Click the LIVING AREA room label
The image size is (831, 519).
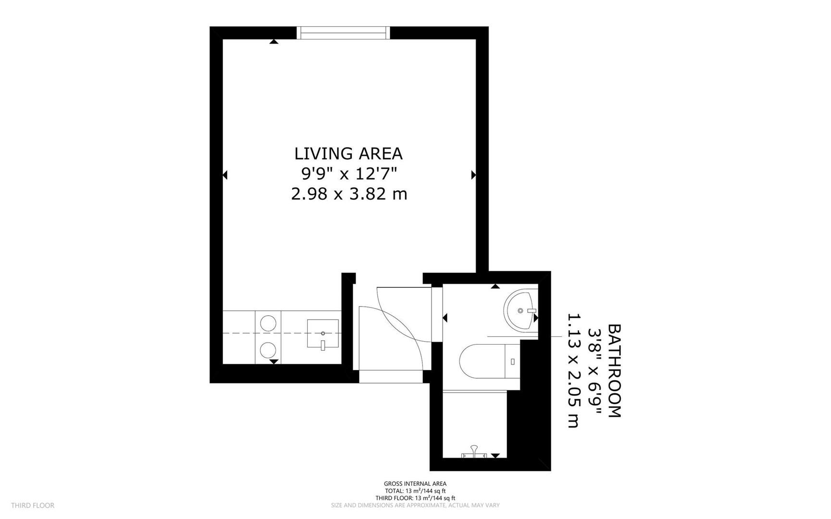[x=348, y=153]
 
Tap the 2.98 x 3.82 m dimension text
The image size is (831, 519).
[x=349, y=194]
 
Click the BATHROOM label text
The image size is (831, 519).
[x=615, y=371]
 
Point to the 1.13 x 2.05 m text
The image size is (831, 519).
[x=573, y=371]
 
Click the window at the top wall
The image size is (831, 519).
[x=343, y=33]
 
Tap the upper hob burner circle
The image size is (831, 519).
[x=268, y=321]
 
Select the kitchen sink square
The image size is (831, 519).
[x=322, y=333]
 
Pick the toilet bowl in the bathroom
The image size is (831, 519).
[x=480, y=360]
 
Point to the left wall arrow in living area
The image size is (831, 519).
[x=225, y=175]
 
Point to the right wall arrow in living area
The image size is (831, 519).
[x=473, y=175]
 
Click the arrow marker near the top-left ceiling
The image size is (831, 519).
[x=274, y=42]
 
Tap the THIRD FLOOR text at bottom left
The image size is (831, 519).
[x=33, y=505]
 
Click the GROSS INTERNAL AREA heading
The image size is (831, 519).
[x=415, y=483]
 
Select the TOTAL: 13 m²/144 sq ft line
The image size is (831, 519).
[x=415, y=491]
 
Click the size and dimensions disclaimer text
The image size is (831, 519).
[x=415, y=505]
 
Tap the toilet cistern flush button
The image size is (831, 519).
[x=513, y=361]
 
